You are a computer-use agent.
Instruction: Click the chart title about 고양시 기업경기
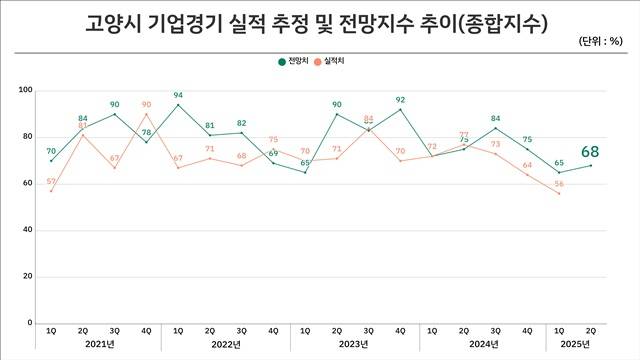coord(319,23)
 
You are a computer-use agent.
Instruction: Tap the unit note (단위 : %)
coord(604,42)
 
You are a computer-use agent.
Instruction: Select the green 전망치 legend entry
coord(292,61)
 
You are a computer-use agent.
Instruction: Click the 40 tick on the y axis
coord(29,231)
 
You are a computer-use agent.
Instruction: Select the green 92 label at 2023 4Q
coord(400,100)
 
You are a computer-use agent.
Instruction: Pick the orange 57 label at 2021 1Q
coord(51,182)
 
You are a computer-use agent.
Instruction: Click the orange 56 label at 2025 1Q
coord(558,184)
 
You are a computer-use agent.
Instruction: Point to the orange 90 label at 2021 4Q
coord(146,104)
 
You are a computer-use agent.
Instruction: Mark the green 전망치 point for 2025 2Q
coord(591,165)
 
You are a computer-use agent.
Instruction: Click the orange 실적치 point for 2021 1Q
coord(51,191)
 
